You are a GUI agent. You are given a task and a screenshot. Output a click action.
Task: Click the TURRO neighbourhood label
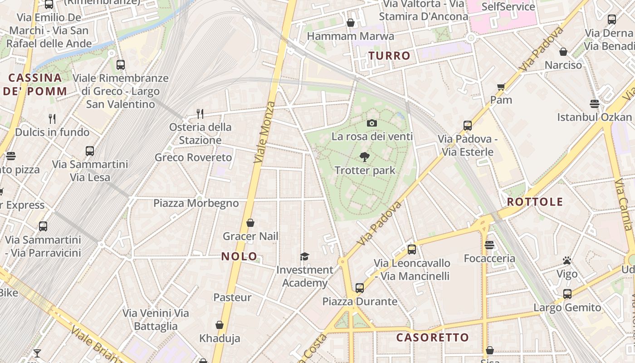[x=389, y=56]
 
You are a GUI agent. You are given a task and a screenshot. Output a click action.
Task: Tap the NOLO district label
[x=239, y=256]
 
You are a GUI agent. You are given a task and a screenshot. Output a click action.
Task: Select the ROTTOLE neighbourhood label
[x=535, y=202]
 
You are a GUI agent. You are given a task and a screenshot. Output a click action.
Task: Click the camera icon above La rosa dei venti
[x=371, y=123]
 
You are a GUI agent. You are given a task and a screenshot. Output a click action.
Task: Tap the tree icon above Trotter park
[x=364, y=157]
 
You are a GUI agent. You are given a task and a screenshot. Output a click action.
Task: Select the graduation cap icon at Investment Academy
[x=304, y=257]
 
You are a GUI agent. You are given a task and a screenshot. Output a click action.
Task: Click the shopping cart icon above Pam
[x=501, y=87]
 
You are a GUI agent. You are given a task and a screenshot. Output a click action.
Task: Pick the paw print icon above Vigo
[x=567, y=260]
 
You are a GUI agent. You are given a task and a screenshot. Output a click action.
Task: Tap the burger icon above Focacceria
[x=489, y=245]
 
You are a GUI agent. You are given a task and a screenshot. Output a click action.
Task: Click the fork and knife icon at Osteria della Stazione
[x=200, y=113]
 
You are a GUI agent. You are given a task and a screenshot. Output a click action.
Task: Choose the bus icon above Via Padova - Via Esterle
[x=467, y=126]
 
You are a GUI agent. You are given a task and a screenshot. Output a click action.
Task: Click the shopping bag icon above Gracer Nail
[x=250, y=223]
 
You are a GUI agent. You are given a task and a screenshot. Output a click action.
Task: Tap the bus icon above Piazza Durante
[x=360, y=288]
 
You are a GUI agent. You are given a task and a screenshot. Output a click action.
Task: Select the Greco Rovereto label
[x=193, y=157]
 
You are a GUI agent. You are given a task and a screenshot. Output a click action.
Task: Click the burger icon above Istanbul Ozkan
[x=594, y=103]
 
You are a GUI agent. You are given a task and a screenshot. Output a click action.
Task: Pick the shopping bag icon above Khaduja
[x=220, y=325]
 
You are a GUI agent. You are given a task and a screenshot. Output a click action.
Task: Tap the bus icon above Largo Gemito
[x=567, y=294]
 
